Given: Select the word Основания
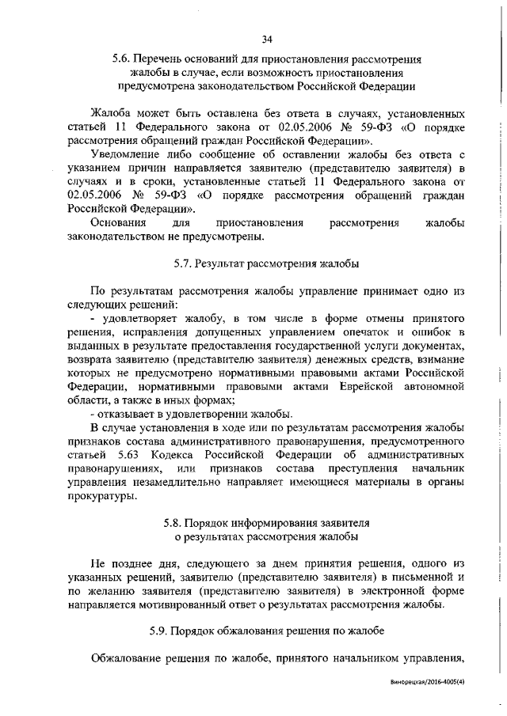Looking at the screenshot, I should (x=120, y=223).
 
